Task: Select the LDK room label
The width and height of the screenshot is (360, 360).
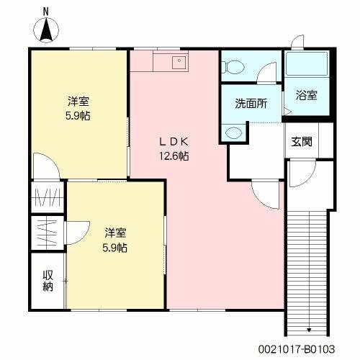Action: [174, 141]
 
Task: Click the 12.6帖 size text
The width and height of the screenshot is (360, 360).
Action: [174, 155]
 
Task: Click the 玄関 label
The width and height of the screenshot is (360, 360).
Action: [302, 141]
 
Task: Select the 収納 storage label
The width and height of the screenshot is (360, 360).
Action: [48, 281]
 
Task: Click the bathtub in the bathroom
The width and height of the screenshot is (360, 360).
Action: [307, 64]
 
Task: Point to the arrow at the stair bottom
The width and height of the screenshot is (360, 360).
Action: [309, 330]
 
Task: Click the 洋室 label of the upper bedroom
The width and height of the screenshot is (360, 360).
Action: [79, 100]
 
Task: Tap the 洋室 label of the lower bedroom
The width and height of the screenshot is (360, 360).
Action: [115, 233]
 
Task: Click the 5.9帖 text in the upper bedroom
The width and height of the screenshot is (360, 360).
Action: [79, 114]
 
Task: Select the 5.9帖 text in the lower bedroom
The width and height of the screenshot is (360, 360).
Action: [115, 247]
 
